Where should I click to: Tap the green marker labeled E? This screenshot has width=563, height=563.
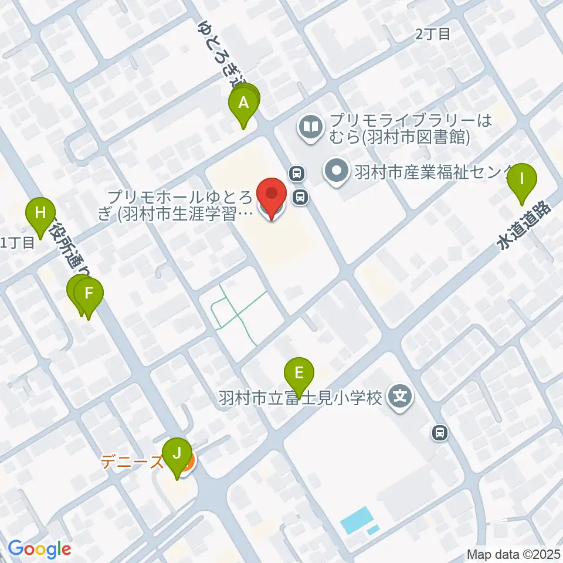pos(299,374)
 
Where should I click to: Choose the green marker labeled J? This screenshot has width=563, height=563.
pos(176,454)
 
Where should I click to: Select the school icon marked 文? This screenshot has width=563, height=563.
pos(400,397)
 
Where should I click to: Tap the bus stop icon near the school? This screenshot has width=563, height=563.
pos(439,433)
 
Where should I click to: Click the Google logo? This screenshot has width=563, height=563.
pos(39,549)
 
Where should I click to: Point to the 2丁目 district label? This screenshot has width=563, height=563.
pos(433,34)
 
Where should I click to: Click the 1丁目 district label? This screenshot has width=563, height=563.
pos(18,242)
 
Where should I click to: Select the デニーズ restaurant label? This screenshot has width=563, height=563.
pos(132,462)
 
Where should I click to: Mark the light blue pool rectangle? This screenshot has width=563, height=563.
pos(356,520)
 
